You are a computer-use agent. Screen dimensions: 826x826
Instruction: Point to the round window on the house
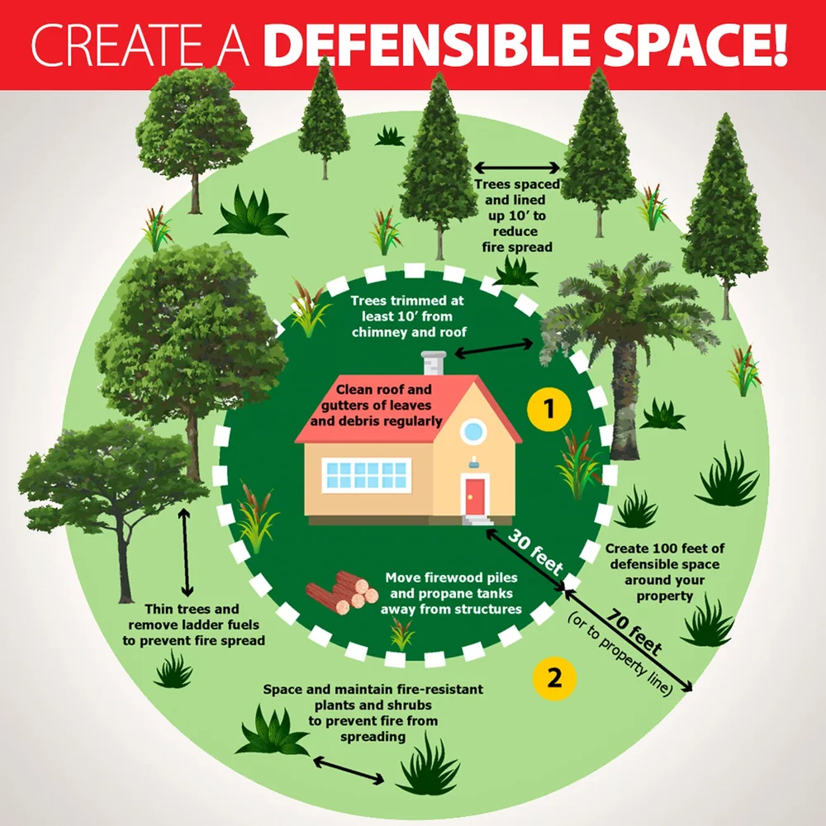(x=473, y=430)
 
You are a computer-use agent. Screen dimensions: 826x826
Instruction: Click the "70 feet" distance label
(x=634, y=632)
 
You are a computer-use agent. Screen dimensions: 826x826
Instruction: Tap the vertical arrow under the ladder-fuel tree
(x=187, y=551)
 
